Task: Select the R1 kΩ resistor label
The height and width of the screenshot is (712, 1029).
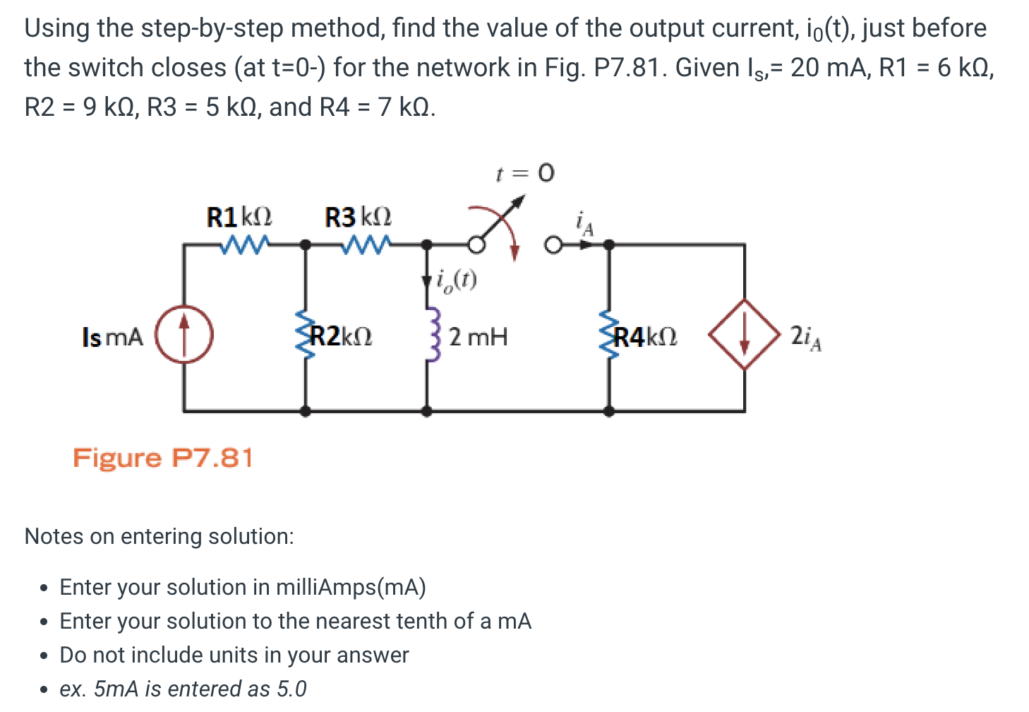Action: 239,217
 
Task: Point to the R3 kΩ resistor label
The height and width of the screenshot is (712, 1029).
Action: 358,217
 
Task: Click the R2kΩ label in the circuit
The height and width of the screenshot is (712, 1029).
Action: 342,336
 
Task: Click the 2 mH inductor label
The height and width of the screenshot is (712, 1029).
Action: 478,337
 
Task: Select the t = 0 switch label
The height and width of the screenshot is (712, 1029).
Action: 525,173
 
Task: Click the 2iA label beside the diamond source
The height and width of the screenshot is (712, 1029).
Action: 805,337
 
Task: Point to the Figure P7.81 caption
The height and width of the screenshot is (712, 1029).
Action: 163,458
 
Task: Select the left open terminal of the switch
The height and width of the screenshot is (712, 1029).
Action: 477,245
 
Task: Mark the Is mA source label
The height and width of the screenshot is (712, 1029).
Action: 113,337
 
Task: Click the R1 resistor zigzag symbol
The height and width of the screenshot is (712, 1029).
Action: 243,244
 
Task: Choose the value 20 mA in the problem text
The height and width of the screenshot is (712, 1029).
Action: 823,68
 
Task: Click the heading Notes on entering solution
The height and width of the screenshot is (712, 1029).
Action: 159,536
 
